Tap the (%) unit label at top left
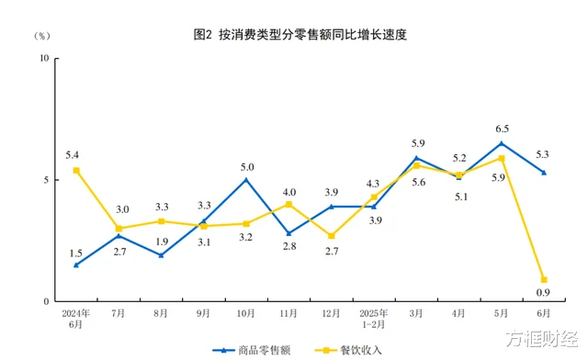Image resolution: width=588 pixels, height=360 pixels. tap(43, 36)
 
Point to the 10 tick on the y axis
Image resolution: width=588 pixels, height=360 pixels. tap(43, 59)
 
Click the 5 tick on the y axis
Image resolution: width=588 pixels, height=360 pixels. tap(46, 180)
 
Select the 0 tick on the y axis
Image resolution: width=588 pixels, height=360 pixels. tap(46, 301)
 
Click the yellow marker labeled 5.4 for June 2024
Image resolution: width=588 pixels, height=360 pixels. tap(76, 170)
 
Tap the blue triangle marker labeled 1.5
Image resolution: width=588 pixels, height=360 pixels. tap(76, 264)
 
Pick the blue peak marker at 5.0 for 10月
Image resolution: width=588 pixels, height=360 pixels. tap(246, 180)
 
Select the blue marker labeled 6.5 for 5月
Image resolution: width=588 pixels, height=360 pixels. tap(502, 143)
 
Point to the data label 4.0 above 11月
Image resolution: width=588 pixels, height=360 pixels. tap(288, 191)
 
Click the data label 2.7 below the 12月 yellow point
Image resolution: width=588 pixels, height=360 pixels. tap(332, 251)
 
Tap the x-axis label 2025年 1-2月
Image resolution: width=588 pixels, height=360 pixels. tap(374, 319)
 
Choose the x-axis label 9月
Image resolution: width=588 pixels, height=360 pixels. tap(204, 314)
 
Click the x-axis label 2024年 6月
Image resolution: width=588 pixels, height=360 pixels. tap(76, 319)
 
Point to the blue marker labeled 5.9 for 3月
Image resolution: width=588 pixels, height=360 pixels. tap(416, 158)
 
